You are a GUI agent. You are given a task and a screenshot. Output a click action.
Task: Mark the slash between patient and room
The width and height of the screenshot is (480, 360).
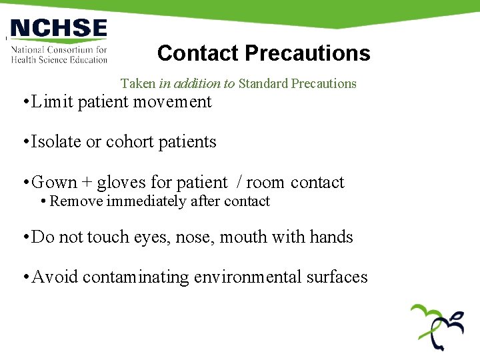(x=237, y=183)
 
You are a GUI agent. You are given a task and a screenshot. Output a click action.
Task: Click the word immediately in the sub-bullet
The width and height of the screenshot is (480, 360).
(x=142, y=201)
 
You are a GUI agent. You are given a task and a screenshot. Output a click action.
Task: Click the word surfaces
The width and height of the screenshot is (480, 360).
(x=337, y=277)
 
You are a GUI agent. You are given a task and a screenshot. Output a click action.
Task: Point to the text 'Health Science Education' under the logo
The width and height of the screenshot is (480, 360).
(x=59, y=59)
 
